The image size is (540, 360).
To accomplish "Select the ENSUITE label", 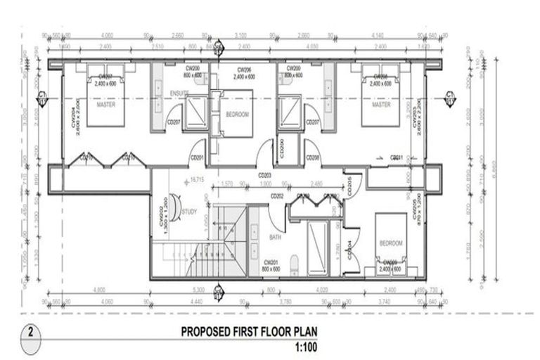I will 179,94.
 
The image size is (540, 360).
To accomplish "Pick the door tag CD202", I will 276,196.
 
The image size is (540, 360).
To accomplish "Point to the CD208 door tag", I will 312,158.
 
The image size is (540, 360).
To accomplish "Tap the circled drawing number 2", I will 31,331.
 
